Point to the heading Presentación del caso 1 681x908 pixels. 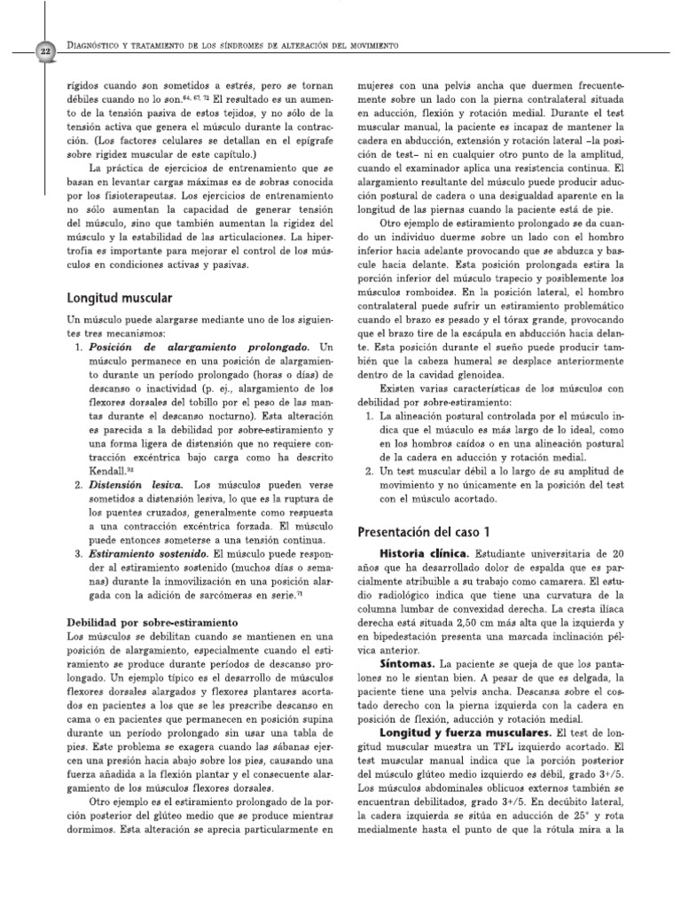tap(423, 532)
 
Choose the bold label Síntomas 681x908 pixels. tap(407, 662)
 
